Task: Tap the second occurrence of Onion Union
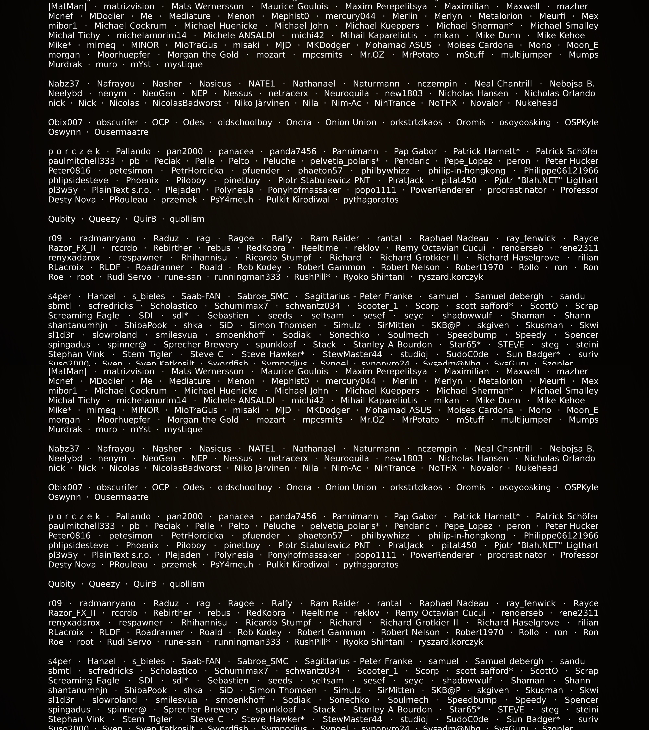[350, 487]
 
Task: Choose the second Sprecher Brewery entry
[201, 710]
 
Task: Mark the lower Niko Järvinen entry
[262, 468]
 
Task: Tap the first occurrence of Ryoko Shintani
[374, 277]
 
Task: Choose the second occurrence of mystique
[183, 430]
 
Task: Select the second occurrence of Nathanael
[314, 449]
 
